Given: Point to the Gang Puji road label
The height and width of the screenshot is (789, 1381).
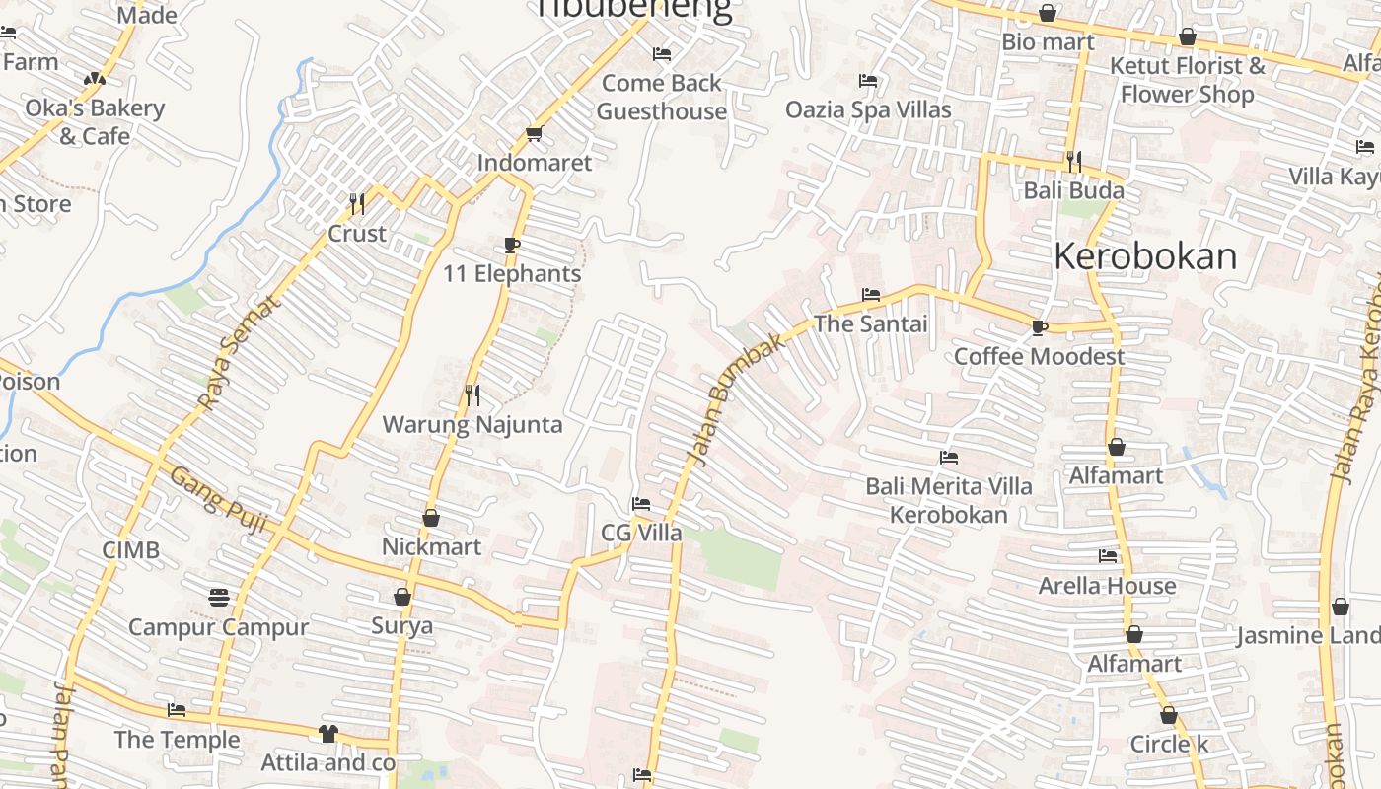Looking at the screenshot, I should tap(219, 499).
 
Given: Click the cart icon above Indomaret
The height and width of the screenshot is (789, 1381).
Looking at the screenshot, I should tap(534, 133).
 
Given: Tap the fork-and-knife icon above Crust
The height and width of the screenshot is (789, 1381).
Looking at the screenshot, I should tap(357, 204).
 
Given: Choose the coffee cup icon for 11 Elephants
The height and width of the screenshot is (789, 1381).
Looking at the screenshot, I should tap(511, 245).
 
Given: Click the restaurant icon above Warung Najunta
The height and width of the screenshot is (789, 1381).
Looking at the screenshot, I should tap(472, 395).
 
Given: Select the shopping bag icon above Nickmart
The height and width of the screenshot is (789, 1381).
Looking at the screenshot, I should tap(431, 518).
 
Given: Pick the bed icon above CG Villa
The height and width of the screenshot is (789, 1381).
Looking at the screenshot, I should tap(641, 504).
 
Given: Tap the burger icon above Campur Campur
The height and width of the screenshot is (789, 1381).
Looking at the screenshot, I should tap(219, 598).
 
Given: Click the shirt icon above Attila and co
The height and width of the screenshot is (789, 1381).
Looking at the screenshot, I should tap(327, 734).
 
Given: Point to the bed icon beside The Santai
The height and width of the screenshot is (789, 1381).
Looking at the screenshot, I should tap(870, 294).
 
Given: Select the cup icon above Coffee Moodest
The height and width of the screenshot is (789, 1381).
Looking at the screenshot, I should tap(1039, 327).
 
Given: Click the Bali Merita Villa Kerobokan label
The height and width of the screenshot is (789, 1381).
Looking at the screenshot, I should tap(948, 500).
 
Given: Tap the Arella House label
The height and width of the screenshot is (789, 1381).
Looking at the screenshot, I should tap(1107, 586).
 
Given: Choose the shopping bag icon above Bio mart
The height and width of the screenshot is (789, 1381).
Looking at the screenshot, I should tap(1048, 14).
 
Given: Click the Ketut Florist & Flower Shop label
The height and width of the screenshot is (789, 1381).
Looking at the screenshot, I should tap(1187, 80).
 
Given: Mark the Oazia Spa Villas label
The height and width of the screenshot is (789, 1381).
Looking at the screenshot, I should tap(868, 108).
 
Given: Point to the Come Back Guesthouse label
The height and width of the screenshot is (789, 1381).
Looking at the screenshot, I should tap(661, 97).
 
